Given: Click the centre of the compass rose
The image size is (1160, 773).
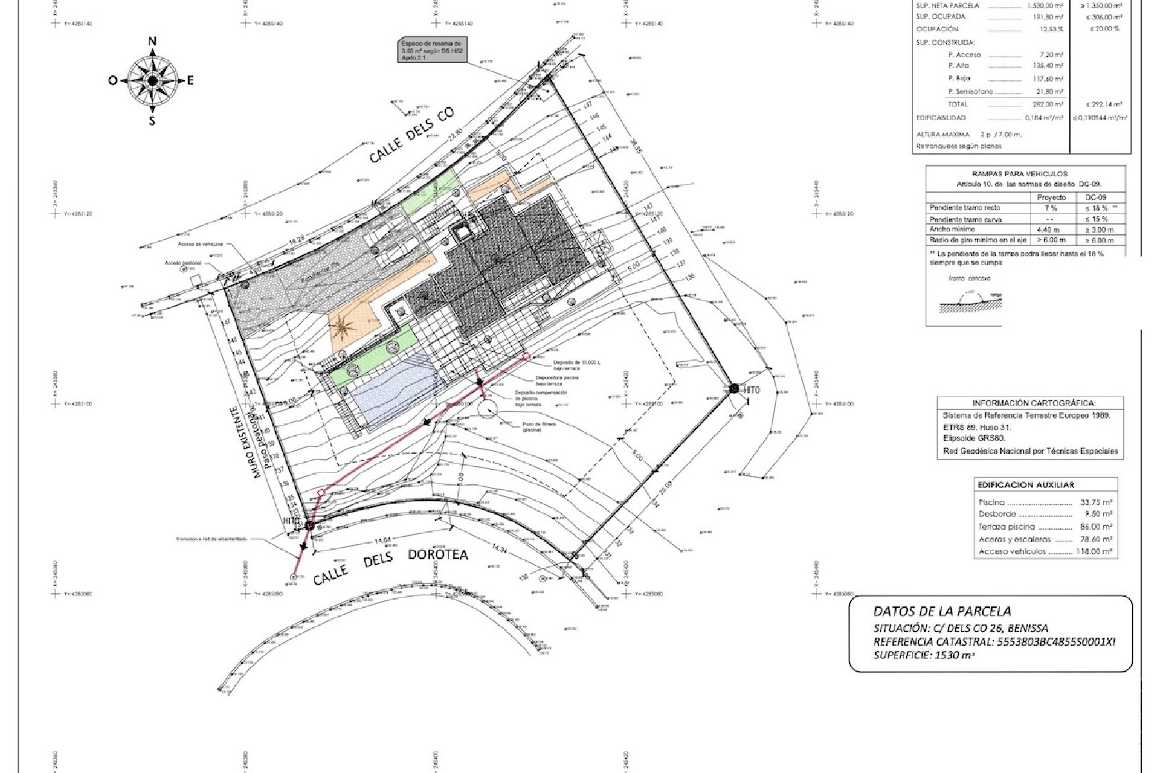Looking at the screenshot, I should point(152,80).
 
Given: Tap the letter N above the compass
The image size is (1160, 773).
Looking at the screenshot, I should point(152,41).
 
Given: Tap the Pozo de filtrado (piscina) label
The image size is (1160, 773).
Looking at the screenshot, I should point(540,427).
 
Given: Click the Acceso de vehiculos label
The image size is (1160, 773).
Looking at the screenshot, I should point(201,245).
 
